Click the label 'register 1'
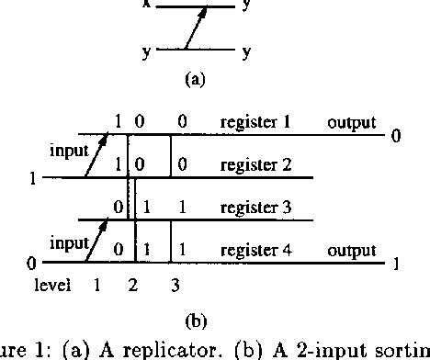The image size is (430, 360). (x=255, y=122)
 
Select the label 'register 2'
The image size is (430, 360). (x=255, y=165)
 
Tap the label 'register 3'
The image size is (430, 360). (x=255, y=208)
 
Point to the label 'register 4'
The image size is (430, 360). (x=255, y=250)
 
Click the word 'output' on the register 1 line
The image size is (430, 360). (x=352, y=122)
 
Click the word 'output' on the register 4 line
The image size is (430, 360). (x=352, y=250)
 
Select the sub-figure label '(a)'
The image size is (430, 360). (x=195, y=80)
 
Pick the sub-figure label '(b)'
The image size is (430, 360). (x=195, y=321)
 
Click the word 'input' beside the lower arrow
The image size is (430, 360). (x=69, y=243)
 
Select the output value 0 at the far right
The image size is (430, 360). (x=396, y=136)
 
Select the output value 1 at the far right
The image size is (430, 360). (x=396, y=264)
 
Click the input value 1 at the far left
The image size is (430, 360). (x=33, y=179)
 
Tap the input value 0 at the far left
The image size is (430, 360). (x=33, y=264)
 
